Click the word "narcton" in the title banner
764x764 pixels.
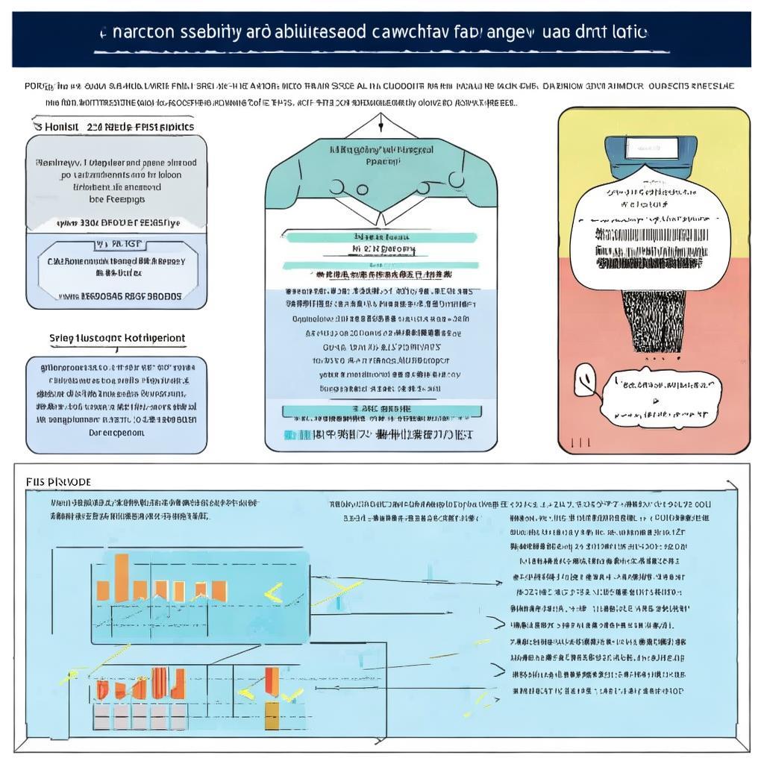click(x=135, y=33)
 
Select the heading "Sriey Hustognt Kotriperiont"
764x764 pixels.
click(x=117, y=338)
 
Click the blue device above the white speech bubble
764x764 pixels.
click(x=651, y=154)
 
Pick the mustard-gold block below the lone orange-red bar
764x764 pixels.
click(x=272, y=715)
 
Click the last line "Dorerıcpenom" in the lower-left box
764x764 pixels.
click(x=116, y=433)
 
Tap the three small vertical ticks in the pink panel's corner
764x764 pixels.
click(x=580, y=442)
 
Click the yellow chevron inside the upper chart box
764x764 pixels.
click(x=273, y=594)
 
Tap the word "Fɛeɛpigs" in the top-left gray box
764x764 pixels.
click(x=117, y=200)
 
